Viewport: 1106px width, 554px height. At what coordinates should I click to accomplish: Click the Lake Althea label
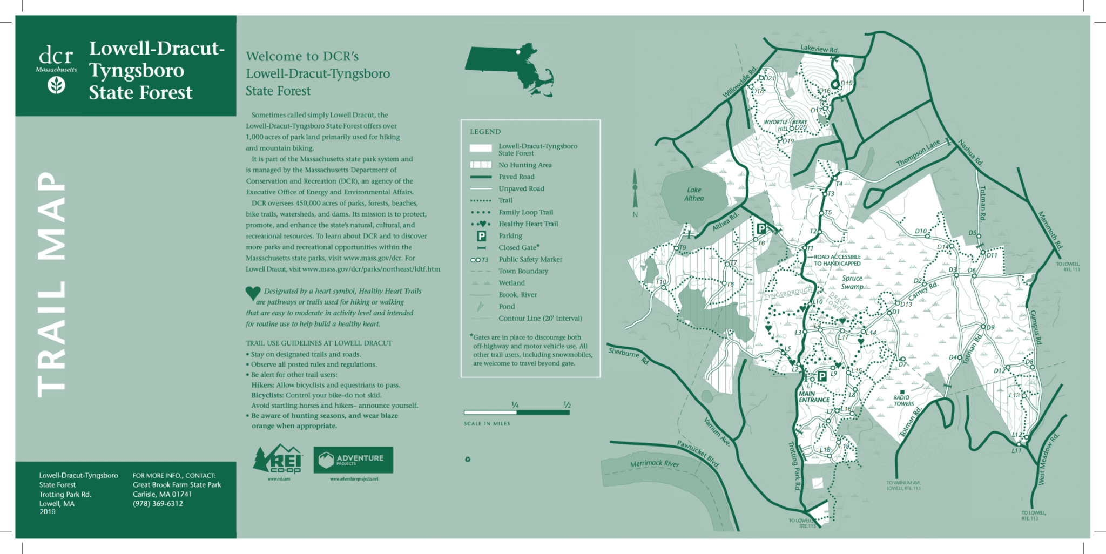[x=694, y=194]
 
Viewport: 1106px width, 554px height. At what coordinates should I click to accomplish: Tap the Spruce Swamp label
[x=852, y=282]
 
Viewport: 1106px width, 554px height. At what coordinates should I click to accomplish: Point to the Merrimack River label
[x=655, y=463]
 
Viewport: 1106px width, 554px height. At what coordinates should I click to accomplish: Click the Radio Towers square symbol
[x=901, y=391]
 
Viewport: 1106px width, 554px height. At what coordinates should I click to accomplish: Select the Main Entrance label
[x=814, y=397]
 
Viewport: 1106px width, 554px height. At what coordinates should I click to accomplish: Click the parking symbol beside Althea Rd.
[x=761, y=228]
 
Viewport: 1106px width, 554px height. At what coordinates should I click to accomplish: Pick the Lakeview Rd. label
[x=819, y=49]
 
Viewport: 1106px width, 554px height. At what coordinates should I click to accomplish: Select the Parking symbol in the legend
[x=481, y=236]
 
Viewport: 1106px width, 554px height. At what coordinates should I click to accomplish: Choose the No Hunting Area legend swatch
[x=481, y=165]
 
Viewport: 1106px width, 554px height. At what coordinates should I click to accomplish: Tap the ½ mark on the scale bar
[x=567, y=405]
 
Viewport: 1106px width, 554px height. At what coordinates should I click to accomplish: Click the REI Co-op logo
[x=278, y=460]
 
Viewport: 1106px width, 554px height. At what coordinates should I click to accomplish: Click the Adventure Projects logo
[x=353, y=460]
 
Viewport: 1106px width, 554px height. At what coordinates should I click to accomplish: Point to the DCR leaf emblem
[x=57, y=85]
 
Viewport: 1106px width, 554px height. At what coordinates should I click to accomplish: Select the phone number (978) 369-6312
[x=158, y=504]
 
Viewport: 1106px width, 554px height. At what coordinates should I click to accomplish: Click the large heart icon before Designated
[x=253, y=293]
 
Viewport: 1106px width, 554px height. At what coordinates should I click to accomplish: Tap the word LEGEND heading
[x=485, y=132]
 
